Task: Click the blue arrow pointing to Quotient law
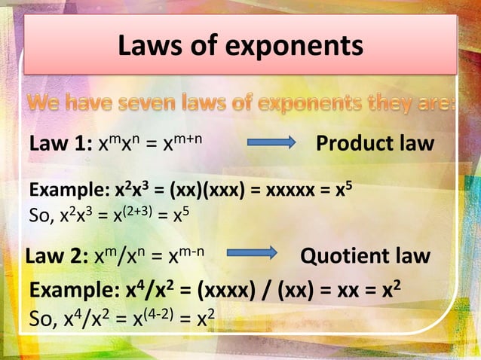[252, 255]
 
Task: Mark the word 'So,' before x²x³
[39, 215]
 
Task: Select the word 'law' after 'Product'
[415, 143]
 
